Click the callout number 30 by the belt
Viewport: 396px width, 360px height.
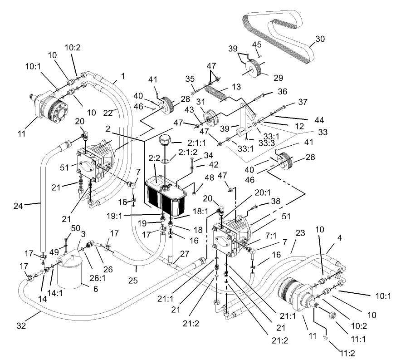point(320,39)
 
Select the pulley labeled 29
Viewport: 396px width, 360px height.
point(255,69)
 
